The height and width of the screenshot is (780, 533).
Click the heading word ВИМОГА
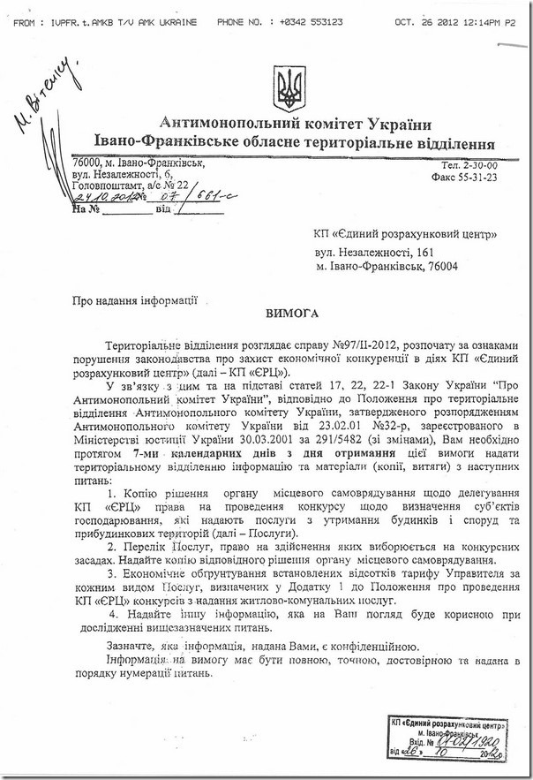[292, 314]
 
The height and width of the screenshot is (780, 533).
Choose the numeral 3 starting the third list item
[112, 574]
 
